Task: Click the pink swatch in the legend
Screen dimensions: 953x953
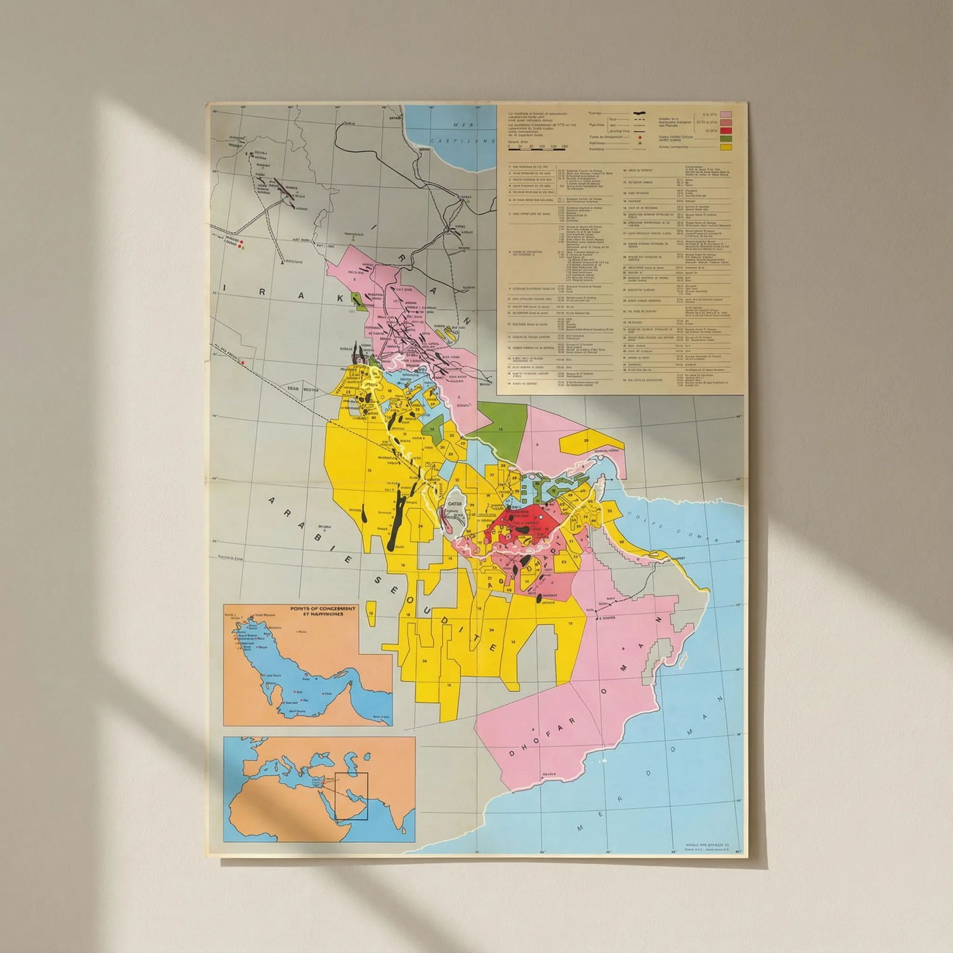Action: point(725,114)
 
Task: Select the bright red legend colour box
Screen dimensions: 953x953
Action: point(725,130)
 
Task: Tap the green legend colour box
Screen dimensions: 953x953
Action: point(725,138)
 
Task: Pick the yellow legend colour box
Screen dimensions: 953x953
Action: point(725,147)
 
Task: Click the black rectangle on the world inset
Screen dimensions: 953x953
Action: point(351,796)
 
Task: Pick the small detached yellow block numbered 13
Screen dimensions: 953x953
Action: point(371,613)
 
